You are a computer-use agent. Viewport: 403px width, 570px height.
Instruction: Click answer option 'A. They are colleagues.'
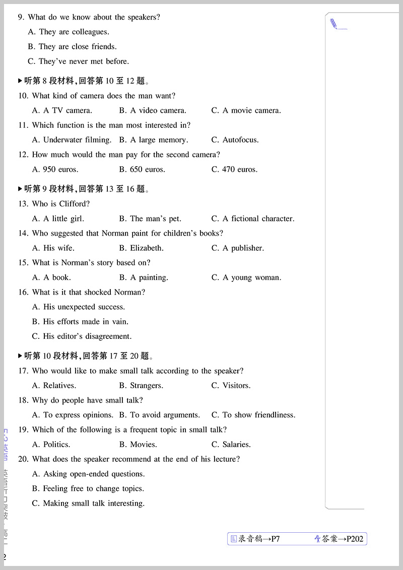click(69, 32)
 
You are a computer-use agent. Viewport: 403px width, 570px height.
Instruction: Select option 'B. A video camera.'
click(153, 110)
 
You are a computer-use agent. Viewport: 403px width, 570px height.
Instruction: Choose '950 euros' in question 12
click(55, 169)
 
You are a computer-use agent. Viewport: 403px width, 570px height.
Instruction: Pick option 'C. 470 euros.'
click(234, 169)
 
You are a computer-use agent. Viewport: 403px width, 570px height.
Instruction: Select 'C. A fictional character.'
click(253, 219)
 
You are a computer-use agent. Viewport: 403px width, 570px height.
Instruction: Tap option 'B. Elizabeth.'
click(142, 248)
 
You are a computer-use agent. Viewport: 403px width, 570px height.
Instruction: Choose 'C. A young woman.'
click(246, 277)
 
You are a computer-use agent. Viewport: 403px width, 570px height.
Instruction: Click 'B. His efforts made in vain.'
click(80, 321)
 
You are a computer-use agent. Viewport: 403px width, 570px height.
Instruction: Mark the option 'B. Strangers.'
click(141, 386)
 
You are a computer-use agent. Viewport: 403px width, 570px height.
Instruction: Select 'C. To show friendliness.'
click(253, 415)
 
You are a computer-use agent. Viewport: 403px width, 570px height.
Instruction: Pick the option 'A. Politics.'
click(51, 445)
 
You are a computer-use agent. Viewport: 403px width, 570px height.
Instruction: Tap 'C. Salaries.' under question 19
click(231, 445)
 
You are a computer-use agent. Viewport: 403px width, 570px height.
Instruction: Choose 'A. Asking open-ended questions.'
click(88, 474)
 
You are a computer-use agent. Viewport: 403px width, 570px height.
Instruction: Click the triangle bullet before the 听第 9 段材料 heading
click(20, 189)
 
